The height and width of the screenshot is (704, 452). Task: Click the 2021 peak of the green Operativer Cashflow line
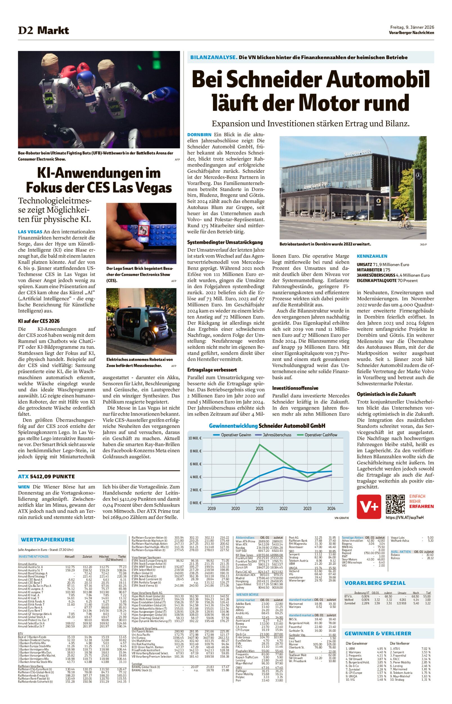259,444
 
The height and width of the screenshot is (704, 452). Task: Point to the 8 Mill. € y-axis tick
195,451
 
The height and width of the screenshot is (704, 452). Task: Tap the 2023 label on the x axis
307,509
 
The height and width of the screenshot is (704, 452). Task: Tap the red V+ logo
369,507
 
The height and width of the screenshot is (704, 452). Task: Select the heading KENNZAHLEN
372,256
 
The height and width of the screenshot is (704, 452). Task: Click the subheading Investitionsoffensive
295,388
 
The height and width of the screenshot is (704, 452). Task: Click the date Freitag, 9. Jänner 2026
411,27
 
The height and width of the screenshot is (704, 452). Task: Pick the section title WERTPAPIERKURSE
48,540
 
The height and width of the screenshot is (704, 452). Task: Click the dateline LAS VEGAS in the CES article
30,232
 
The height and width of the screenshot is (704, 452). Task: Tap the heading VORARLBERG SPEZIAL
375,583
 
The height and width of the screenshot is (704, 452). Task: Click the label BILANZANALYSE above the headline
213,57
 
